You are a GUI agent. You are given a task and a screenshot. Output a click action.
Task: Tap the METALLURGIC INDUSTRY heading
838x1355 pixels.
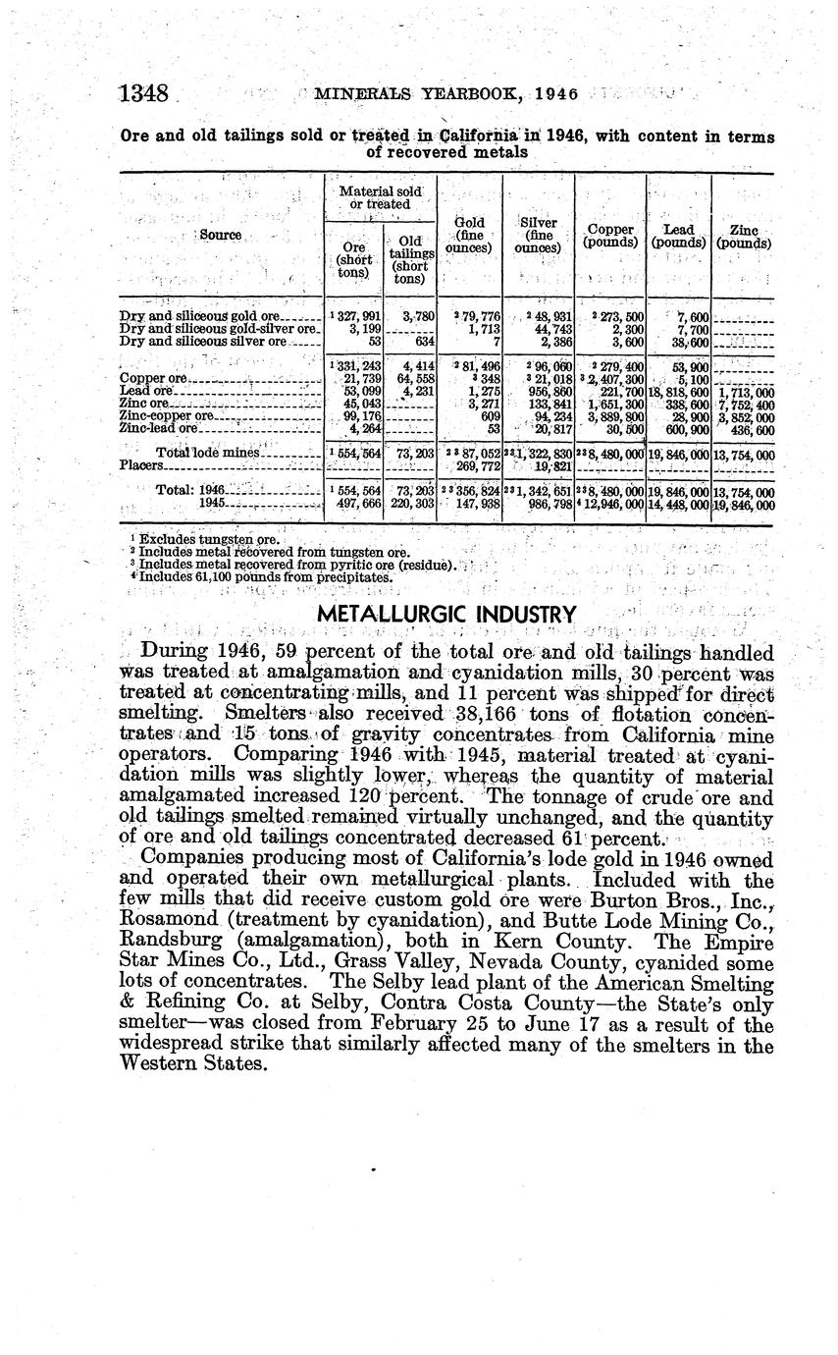tap(446, 615)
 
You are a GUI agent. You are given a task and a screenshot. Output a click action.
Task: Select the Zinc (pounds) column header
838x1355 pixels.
tap(744, 237)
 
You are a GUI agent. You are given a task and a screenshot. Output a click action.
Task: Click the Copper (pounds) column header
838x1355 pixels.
tap(611, 237)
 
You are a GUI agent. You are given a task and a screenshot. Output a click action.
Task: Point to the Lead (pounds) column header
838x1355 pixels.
tap(679, 237)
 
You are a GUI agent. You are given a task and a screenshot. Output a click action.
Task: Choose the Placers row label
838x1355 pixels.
tap(140, 465)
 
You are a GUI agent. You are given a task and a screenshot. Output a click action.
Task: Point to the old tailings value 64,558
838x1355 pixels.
tap(409, 378)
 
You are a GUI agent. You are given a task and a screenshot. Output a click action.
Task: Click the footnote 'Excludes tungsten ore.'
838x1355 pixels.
tap(209, 539)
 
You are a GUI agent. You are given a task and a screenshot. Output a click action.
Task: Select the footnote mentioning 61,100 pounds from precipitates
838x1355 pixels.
tap(265, 577)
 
